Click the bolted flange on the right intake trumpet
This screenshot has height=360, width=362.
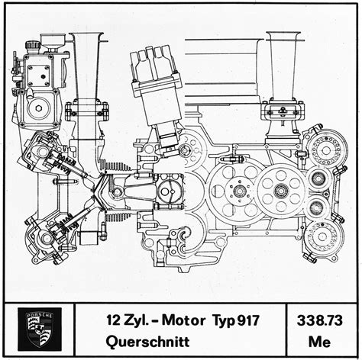(283, 111)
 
